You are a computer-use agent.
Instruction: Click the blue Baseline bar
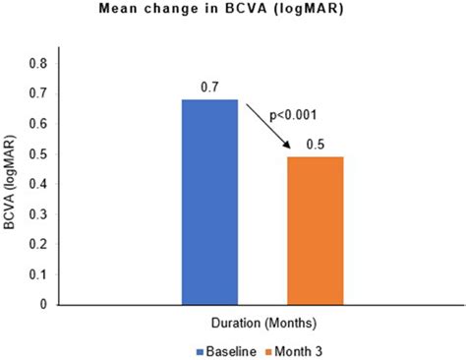click(209, 202)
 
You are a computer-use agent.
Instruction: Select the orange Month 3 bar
click(315, 230)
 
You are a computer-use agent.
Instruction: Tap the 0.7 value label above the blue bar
click(209, 87)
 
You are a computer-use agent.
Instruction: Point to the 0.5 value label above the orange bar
click(315, 146)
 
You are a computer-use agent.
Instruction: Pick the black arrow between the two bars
click(266, 126)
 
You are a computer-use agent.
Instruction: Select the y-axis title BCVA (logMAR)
click(13, 183)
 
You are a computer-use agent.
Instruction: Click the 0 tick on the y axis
click(43, 305)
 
